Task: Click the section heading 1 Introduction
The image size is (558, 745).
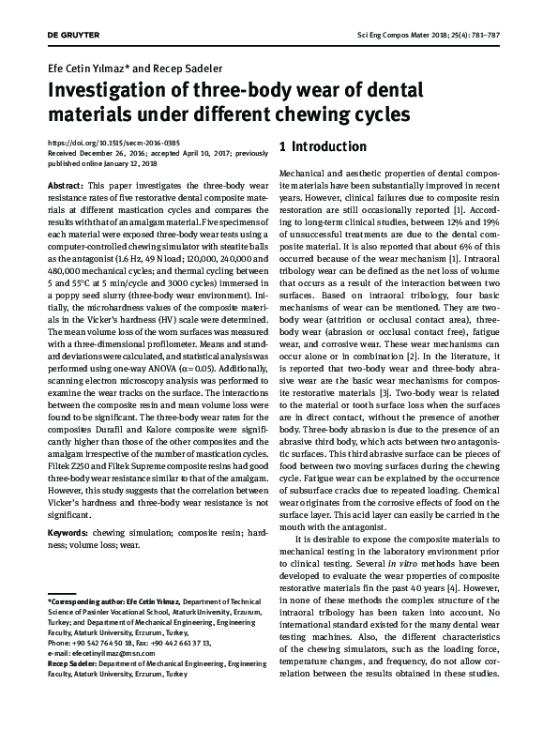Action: coord(323,147)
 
